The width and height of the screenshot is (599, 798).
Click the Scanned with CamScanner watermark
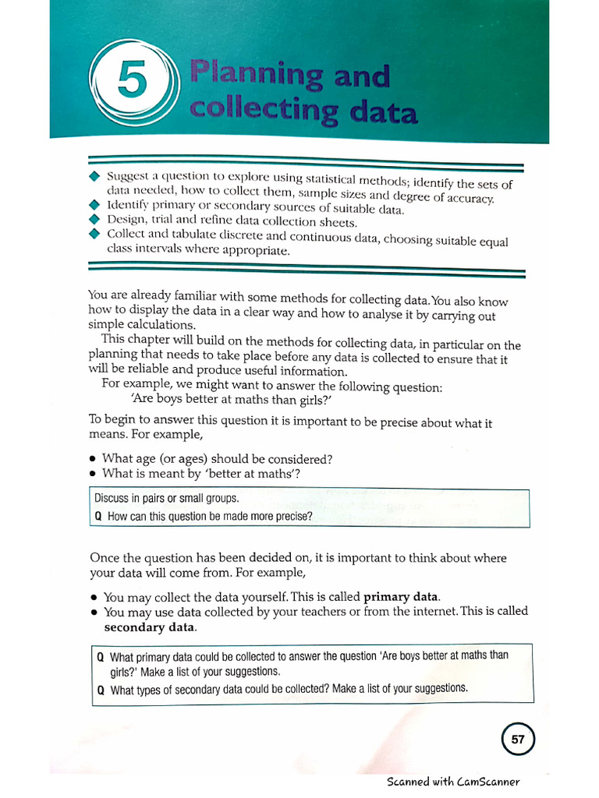tap(453, 782)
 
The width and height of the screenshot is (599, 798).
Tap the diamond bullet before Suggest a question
tap(95, 175)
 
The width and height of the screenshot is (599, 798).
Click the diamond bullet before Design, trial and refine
tap(95, 219)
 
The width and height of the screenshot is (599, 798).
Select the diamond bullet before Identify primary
tap(95, 205)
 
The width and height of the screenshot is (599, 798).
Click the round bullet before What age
tap(94, 459)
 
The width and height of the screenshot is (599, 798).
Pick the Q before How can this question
tap(98, 516)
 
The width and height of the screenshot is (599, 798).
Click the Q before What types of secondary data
tap(101, 690)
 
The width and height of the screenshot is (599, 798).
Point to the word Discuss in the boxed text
tap(112, 498)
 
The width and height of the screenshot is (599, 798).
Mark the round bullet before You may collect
tap(94, 598)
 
